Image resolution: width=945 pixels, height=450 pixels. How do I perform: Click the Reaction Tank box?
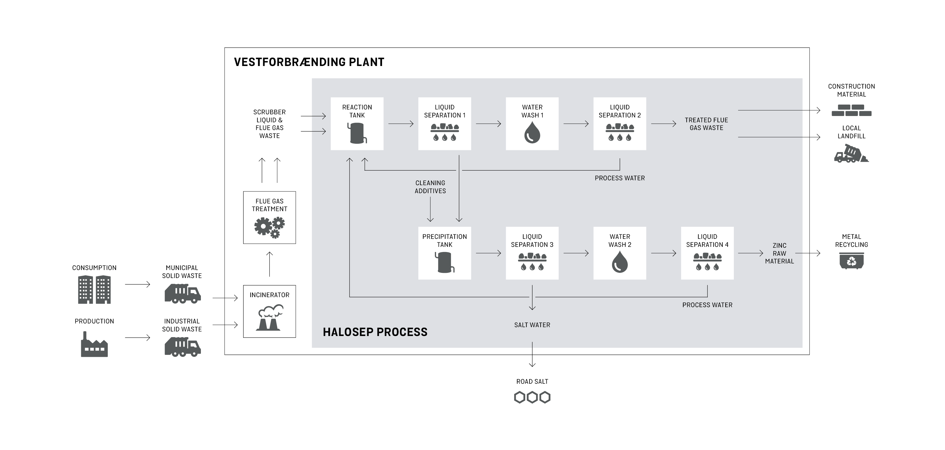(357, 124)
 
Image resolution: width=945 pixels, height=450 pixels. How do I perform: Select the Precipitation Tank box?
(444, 253)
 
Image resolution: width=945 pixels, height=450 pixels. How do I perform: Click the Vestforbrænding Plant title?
(309, 62)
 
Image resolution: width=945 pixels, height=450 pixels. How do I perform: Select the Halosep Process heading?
(375, 332)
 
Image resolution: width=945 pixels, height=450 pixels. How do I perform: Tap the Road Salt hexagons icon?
(532, 397)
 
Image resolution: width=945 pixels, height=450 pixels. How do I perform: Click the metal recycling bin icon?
(852, 261)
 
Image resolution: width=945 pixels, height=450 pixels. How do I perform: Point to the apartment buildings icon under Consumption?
(94, 289)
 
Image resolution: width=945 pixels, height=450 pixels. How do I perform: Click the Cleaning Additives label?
(430, 187)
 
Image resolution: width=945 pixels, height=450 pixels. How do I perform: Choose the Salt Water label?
(532, 325)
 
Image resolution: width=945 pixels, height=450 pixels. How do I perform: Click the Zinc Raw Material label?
(779, 253)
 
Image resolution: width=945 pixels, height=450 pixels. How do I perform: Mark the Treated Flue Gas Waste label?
(706, 124)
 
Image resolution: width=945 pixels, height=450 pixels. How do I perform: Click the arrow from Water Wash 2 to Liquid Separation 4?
(663, 253)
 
